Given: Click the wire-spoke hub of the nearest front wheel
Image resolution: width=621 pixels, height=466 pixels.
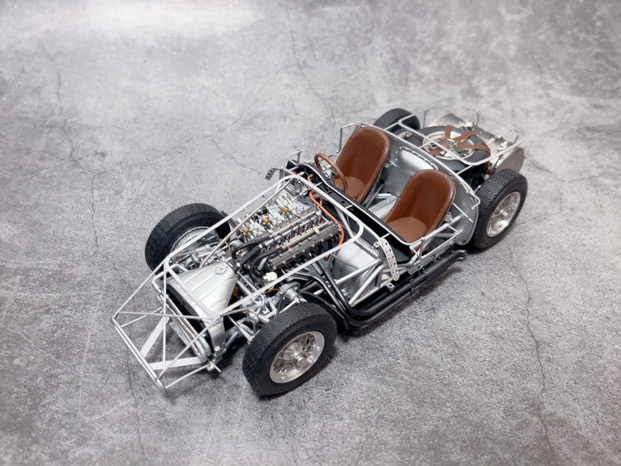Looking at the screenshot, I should (x=297, y=357).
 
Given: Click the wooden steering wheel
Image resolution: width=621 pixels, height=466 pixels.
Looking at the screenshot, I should (x=331, y=170).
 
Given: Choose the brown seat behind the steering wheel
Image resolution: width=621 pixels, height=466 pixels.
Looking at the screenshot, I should (x=361, y=161).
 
